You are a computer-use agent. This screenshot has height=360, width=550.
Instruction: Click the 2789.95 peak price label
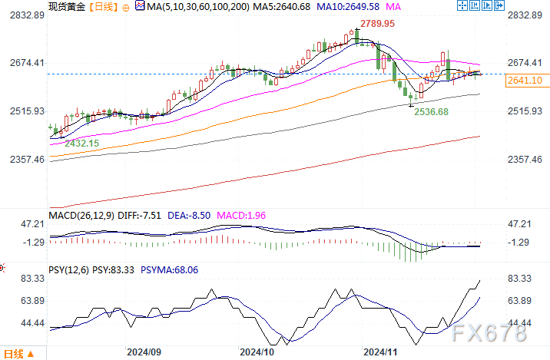point(379,24)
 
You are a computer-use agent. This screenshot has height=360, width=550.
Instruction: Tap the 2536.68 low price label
point(431,112)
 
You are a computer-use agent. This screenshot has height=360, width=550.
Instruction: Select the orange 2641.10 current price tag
point(526,80)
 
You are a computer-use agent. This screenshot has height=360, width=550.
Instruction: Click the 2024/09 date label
point(143,352)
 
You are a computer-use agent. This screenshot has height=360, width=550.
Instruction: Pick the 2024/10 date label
point(257,352)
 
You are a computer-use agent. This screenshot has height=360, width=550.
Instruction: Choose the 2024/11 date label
point(379,352)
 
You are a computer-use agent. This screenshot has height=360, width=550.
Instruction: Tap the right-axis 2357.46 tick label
point(526,159)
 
